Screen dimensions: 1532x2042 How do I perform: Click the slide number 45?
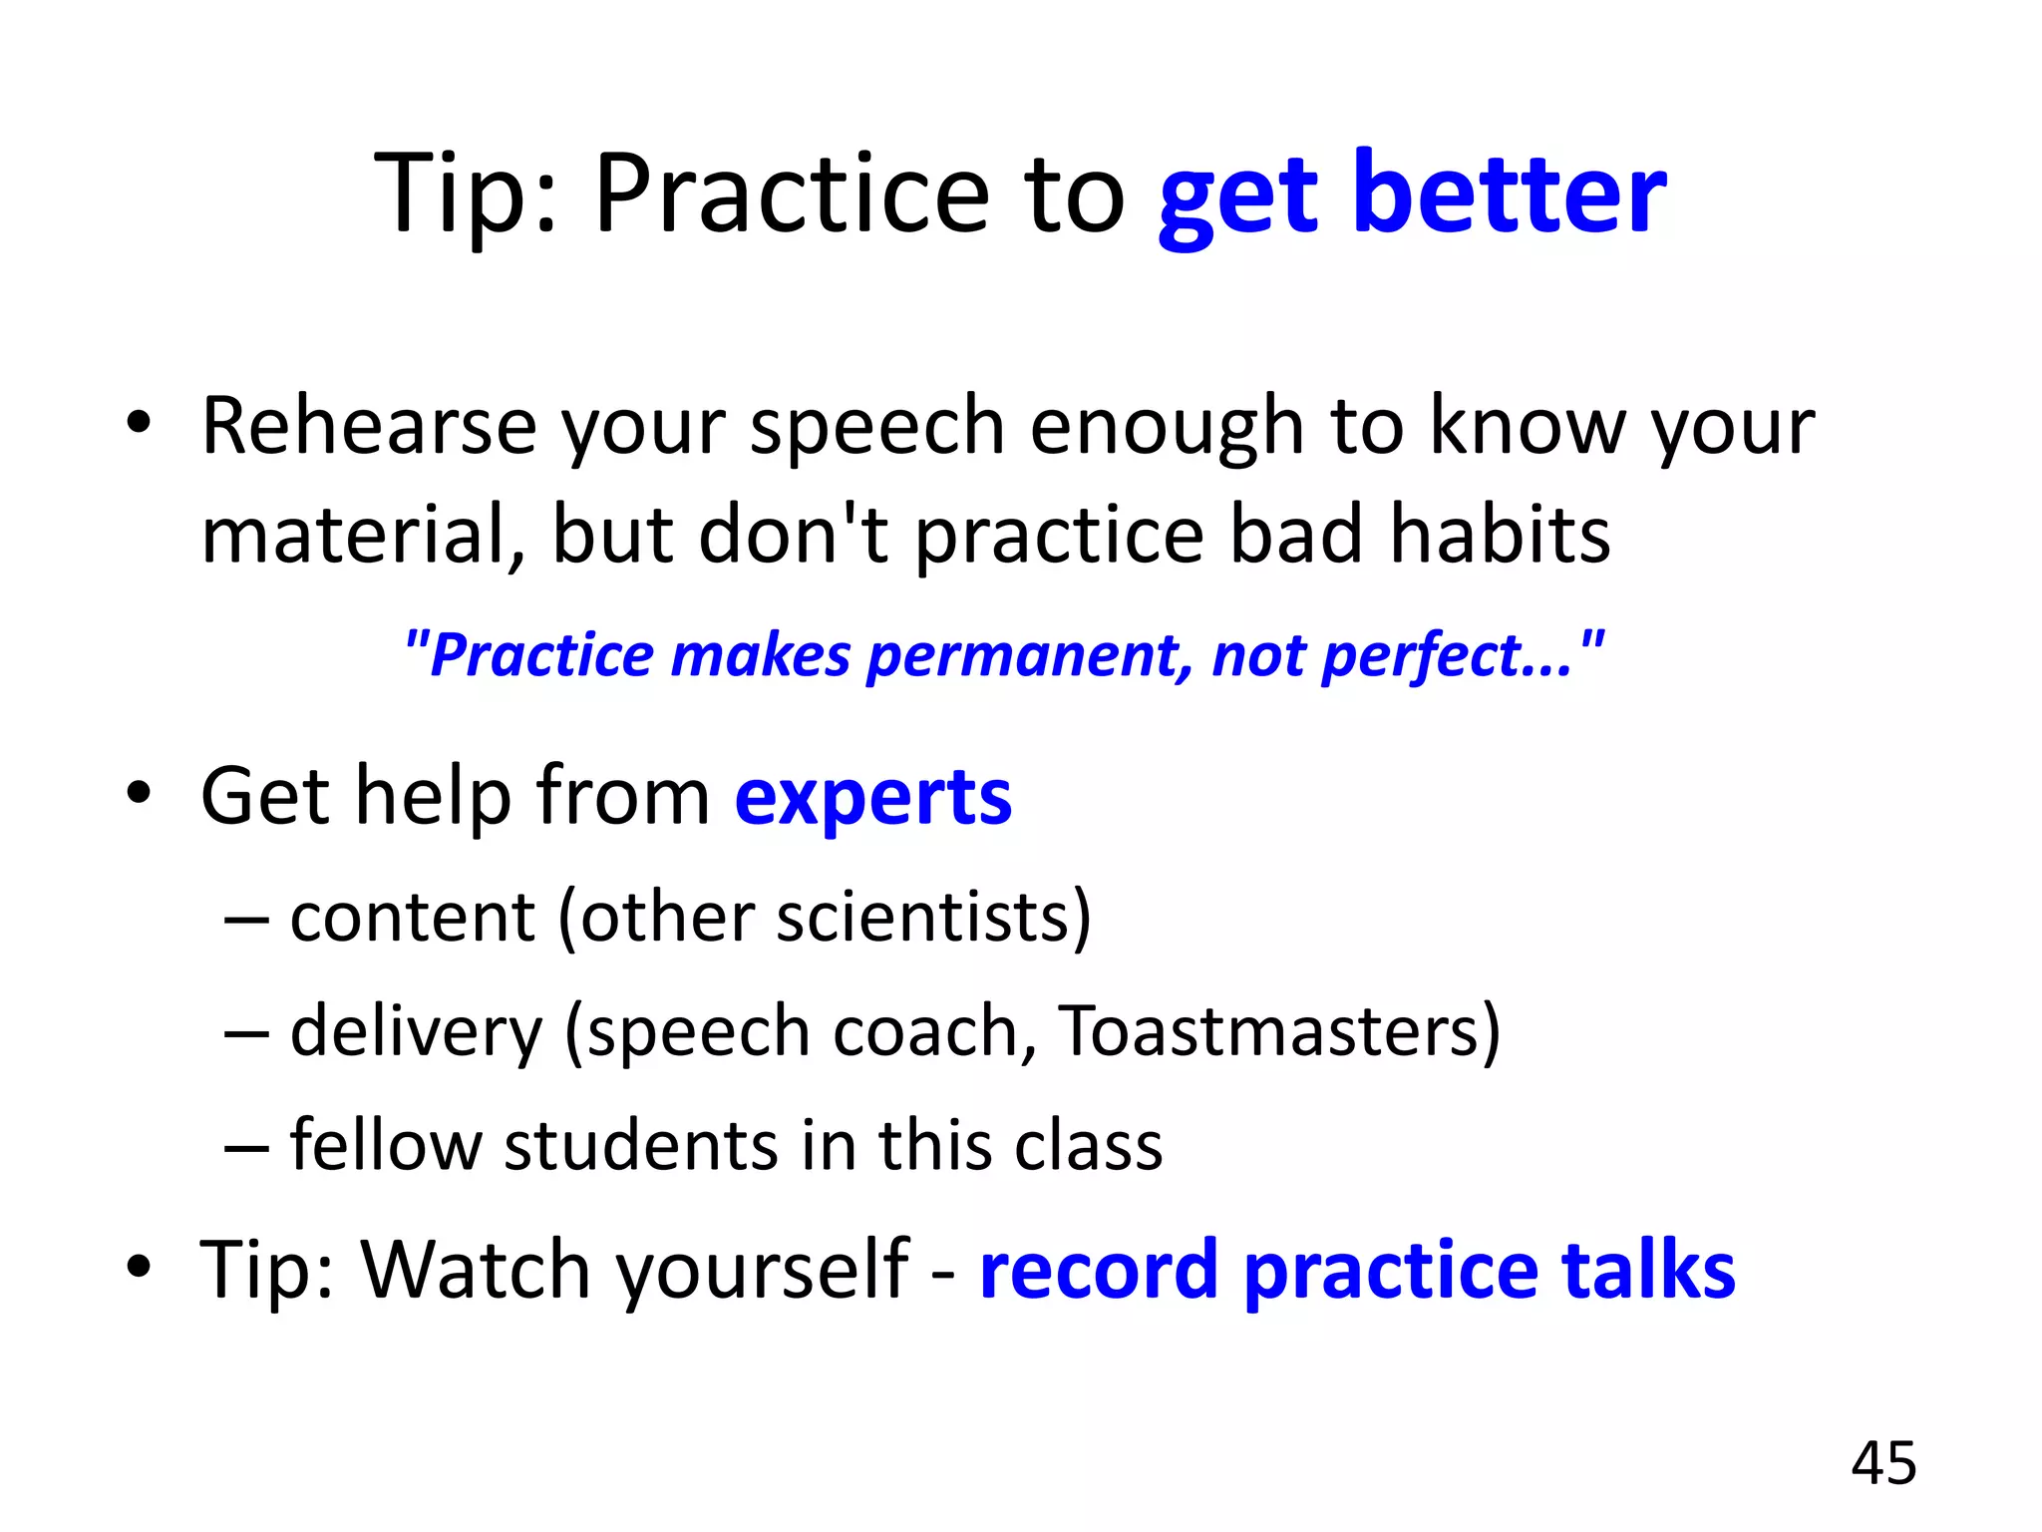pyautogui.click(x=1883, y=1463)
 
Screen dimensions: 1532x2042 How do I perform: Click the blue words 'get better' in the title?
pyautogui.click(x=1411, y=194)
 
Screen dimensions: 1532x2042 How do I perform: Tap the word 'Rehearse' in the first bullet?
pyautogui.click(x=369, y=427)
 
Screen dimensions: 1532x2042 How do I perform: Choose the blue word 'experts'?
pyautogui.click(x=872, y=798)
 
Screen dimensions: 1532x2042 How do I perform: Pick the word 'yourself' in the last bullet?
pyautogui.click(x=763, y=1270)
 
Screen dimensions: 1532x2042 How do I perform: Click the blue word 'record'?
pyautogui.click(x=1098, y=1270)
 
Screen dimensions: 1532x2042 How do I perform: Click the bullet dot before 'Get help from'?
pyautogui.click(x=139, y=794)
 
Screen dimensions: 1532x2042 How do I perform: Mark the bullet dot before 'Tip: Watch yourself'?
pyautogui.click(x=139, y=1267)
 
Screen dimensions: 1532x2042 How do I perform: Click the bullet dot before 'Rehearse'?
pyautogui.click(x=139, y=424)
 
